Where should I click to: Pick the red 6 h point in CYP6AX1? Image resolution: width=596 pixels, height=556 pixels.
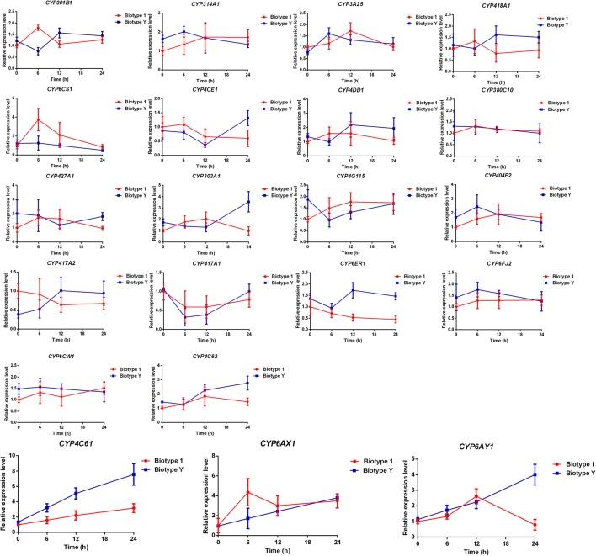[248, 492]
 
